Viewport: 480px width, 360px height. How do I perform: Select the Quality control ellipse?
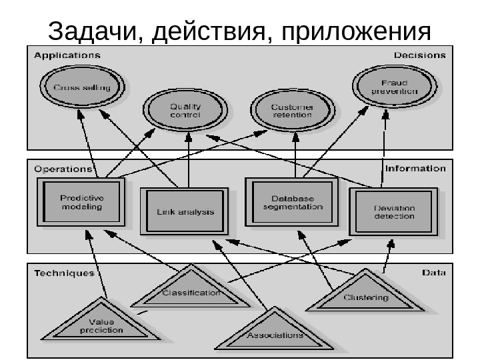tap(185, 110)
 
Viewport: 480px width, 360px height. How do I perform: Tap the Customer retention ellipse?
tap(293, 110)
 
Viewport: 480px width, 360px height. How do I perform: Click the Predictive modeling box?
tap(81, 202)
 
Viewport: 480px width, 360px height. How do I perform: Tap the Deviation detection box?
tap(394, 212)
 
